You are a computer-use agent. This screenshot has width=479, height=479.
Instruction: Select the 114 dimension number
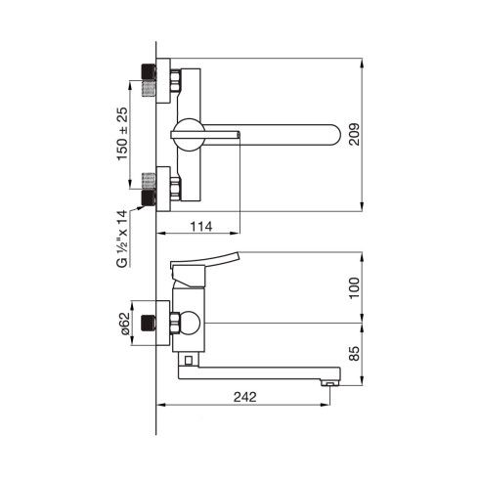point(200,226)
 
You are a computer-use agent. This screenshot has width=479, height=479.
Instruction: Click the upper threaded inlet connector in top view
point(150,78)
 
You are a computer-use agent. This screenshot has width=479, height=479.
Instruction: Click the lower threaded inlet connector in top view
point(150,187)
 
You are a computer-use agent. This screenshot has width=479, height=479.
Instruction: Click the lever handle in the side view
point(210,261)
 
